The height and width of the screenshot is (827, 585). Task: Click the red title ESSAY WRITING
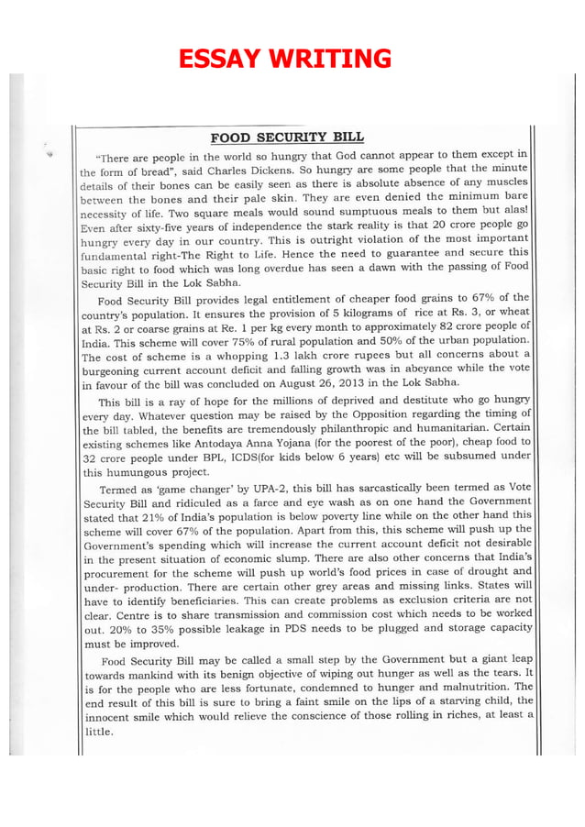(285, 60)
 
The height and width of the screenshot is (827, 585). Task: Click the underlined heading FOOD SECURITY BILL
(287, 138)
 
